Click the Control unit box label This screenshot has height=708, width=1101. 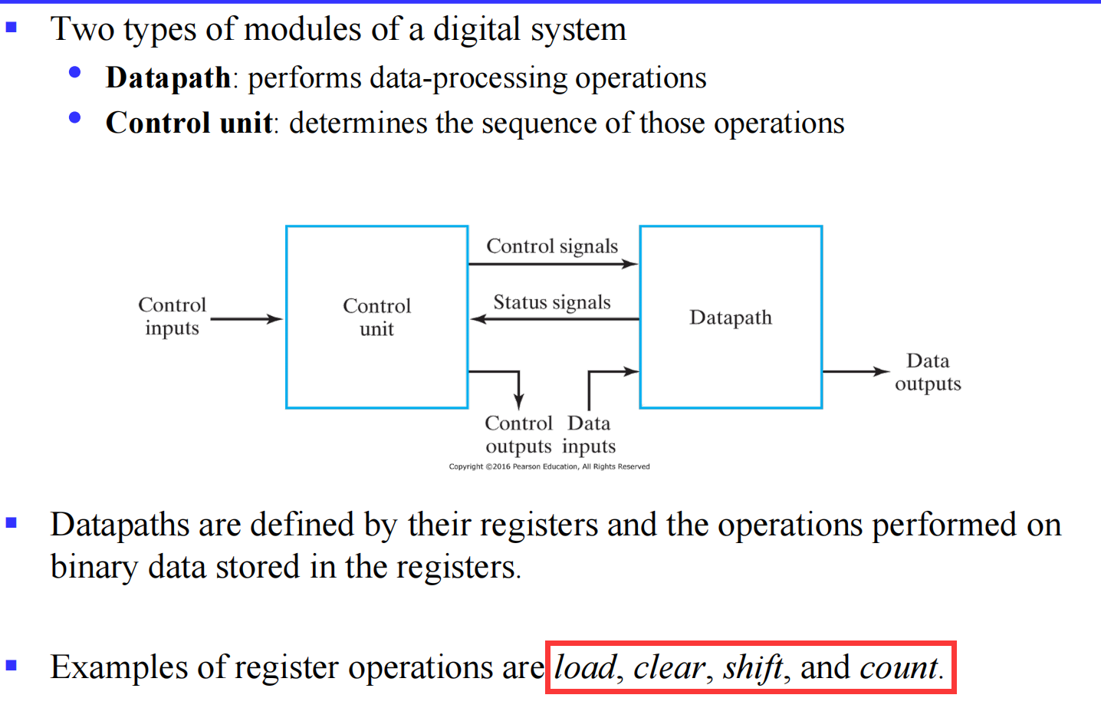376,317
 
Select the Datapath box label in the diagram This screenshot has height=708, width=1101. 730,317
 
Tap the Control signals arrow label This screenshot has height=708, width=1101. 552,246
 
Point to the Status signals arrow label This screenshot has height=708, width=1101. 552,302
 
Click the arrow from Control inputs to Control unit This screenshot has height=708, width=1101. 246,318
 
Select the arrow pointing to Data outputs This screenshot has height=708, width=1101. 855,371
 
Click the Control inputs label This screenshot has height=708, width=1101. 172,316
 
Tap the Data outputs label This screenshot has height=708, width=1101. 928,372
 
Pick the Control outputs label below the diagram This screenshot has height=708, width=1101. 518,434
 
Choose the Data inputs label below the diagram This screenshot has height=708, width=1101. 589,434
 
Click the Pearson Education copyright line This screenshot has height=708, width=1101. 549,466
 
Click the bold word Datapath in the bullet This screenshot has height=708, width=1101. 168,78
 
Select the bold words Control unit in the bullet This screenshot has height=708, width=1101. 189,123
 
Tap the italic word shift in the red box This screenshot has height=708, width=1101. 752,667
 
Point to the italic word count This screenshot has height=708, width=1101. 899,667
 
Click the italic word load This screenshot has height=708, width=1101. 585,667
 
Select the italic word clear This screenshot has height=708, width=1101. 669,667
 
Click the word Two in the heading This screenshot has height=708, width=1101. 82,30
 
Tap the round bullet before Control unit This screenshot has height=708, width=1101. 74,117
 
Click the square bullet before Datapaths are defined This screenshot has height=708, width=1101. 11,523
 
